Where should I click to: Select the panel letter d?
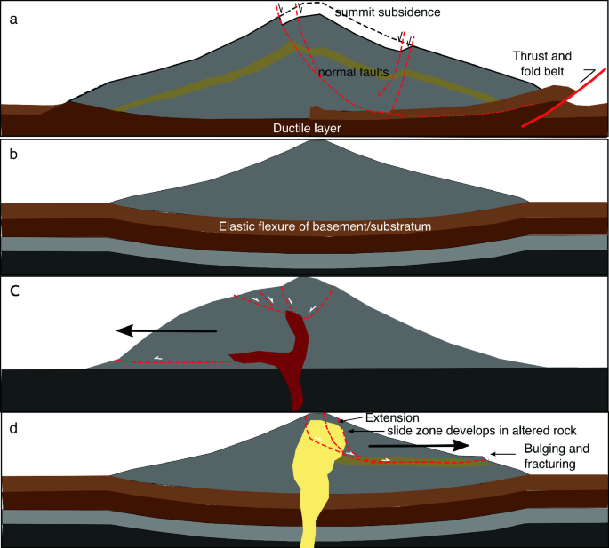[x=12, y=426]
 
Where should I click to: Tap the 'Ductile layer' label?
[x=308, y=129]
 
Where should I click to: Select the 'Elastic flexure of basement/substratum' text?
[x=325, y=227]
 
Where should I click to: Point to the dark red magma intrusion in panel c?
[x=292, y=355]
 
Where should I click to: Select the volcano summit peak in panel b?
[x=305, y=143]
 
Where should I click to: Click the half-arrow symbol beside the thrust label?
[x=587, y=77]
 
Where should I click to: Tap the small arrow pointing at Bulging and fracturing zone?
[x=503, y=455]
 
